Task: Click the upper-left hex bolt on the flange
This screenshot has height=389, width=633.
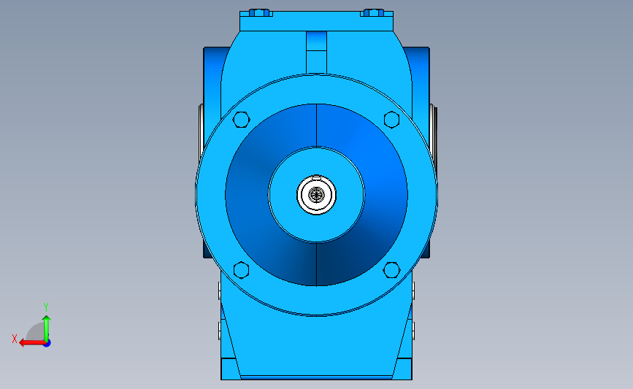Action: [x=242, y=120]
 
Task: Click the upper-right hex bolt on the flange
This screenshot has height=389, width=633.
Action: [x=391, y=120]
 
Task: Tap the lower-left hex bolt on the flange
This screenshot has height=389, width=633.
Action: [x=242, y=270]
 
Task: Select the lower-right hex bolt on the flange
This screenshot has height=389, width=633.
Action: [x=391, y=270]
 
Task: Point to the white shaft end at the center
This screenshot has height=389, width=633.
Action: [x=317, y=195]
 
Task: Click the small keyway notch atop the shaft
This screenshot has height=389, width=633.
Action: [x=317, y=177]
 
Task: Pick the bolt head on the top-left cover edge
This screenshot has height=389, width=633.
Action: [x=260, y=12]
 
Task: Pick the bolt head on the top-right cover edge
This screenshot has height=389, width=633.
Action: [x=373, y=12]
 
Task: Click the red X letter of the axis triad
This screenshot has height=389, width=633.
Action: [x=15, y=339]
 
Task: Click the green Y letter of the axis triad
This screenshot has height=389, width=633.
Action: [x=46, y=307]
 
